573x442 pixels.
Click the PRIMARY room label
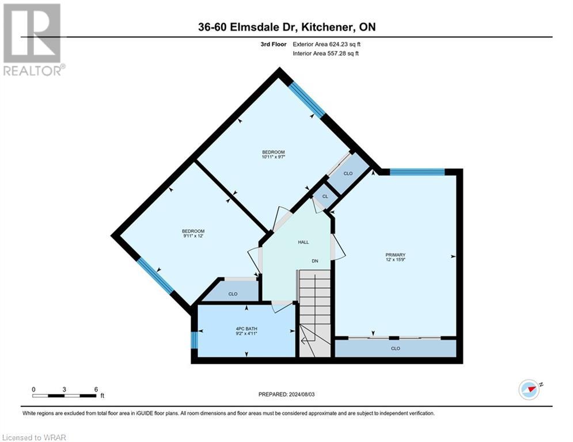tap(396, 255)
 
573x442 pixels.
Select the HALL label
tap(303, 242)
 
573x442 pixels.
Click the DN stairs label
tap(315, 261)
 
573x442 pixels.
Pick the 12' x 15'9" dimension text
tap(396, 261)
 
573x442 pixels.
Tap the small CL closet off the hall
tap(325, 196)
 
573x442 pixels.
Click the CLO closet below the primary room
tap(395, 348)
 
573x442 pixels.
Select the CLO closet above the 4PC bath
tap(233, 294)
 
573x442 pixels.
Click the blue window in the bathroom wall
tap(194, 340)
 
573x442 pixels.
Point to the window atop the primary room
tap(417, 172)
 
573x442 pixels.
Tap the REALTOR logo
tap(32, 39)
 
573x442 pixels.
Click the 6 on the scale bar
tap(96, 388)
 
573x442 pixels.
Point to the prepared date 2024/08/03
tap(305, 394)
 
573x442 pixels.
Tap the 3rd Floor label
tap(272, 44)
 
